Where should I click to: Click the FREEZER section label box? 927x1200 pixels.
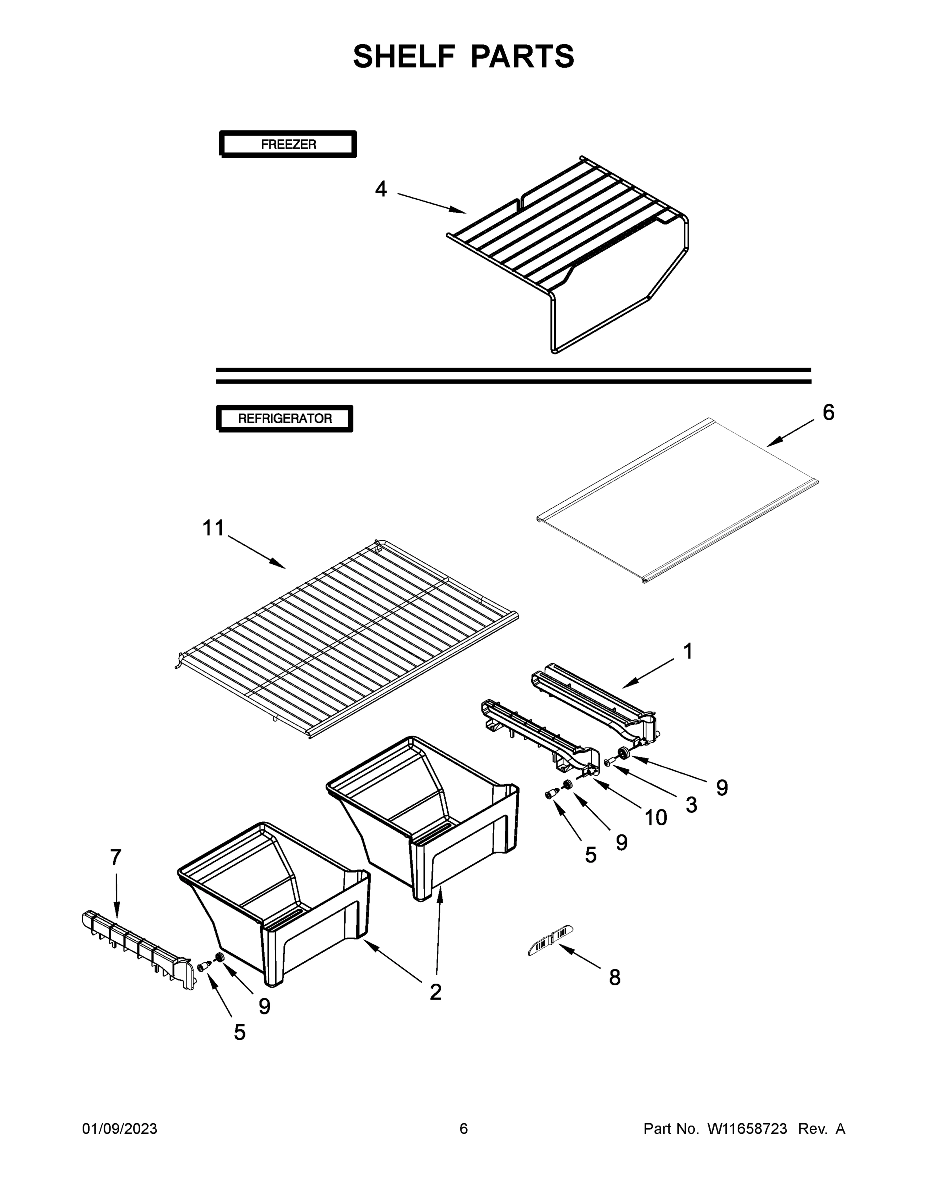[x=288, y=144]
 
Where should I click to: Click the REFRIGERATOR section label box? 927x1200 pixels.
[x=284, y=418]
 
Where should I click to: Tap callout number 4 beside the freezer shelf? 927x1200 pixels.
[x=381, y=189]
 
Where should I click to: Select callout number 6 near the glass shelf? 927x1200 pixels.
[x=828, y=412]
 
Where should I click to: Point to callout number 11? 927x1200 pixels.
[x=213, y=528]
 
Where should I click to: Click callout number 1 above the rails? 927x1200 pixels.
[x=688, y=651]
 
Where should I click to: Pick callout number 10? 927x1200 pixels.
[x=655, y=818]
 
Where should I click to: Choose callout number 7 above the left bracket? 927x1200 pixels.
[x=115, y=857]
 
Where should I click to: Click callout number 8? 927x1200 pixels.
[x=615, y=977]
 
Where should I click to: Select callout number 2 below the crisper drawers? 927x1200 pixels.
[x=435, y=992]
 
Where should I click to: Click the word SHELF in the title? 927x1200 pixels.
[x=404, y=56]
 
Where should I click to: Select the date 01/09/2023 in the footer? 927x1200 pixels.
[x=120, y=1128]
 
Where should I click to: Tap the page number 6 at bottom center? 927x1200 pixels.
[x=464, y=1128]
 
